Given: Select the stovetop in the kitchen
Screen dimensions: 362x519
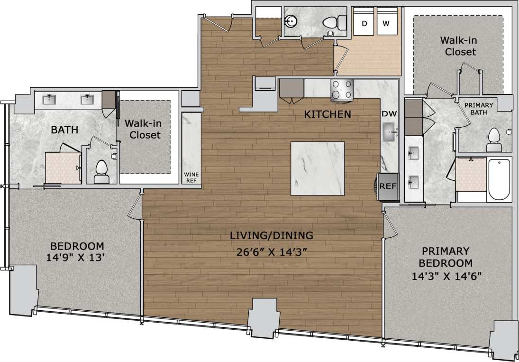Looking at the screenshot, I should (342, 89).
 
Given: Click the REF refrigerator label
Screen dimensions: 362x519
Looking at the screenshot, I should (387, 186).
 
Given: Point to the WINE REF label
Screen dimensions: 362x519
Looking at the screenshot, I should (191, 177).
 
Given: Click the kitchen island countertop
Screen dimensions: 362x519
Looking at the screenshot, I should (318, 168).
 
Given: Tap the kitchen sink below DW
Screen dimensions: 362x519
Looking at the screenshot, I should (391, 131).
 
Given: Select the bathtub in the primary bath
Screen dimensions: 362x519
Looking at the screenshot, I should (499, 179).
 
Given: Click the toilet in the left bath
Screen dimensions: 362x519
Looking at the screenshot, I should (101, 172).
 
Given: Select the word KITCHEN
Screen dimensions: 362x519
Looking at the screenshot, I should (328, 114).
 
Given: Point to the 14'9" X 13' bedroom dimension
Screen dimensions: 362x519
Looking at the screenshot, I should (77, 259).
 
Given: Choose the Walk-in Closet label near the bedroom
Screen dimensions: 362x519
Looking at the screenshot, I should (143, 129).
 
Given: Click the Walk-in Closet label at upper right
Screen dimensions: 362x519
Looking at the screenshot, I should (457, 46).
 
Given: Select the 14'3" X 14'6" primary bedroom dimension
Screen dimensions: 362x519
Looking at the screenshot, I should (446, 276).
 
